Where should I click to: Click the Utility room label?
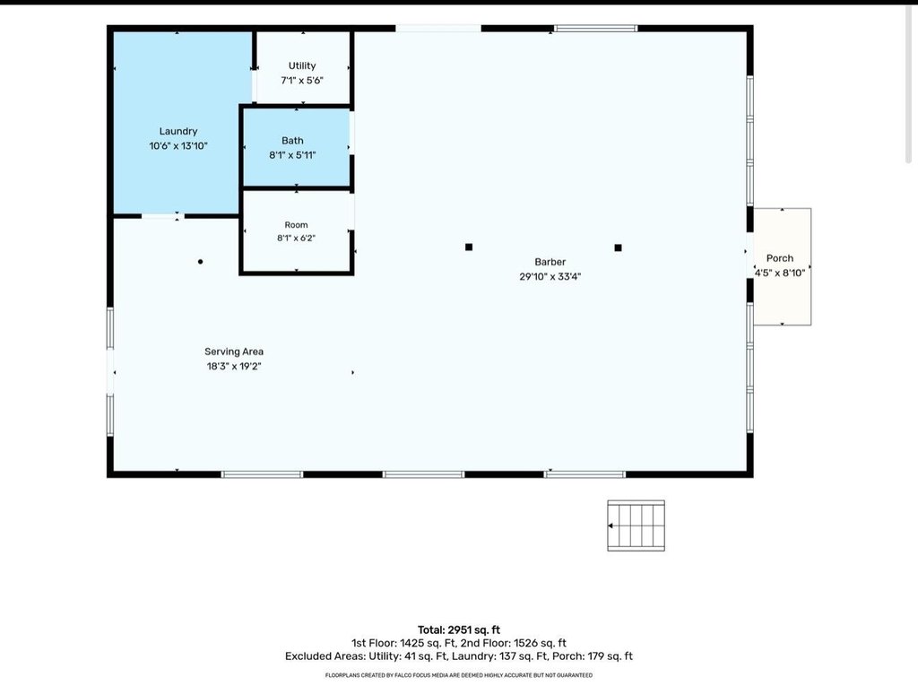[x=302, y=65]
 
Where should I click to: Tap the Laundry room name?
[x=178, y=131]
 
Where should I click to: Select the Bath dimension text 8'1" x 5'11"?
[x=292, y=155]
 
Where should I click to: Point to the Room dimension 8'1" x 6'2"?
[x=296, y=238]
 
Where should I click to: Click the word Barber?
[x=550, y=262]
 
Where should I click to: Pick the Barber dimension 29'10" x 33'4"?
[x=550, y=276]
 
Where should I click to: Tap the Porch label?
[x=780, y=258]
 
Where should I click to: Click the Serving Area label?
[x=234, y=352]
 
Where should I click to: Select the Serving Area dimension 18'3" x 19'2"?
[x=234, y=366]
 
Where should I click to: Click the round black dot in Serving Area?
[x=200, y=262]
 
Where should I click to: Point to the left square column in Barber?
[x=468, y=247]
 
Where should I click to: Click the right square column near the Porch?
[x=618, y=247]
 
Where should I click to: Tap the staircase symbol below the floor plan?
[x=636, y=525]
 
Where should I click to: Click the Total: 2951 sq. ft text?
[x=459, y=630]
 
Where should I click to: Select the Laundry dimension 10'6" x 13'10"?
[x=178, y=146]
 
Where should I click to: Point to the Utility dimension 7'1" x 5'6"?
[x=302, y=81]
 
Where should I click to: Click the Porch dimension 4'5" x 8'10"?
[x=780, y=273]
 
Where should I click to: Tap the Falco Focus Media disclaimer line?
[x=459, y=675]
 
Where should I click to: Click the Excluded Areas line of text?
[x=459, y=656]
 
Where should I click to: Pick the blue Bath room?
[x=296, y=147]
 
